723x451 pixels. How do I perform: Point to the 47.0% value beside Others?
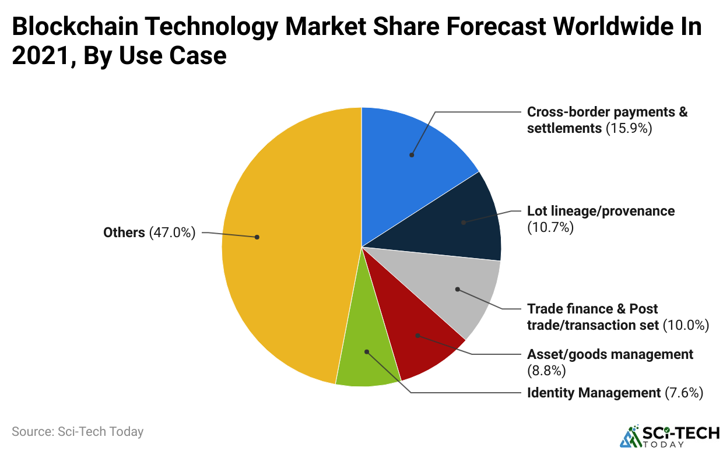172,233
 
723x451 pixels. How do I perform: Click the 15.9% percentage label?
629,128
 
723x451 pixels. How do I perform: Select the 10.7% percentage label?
550,227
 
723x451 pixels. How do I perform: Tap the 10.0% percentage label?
686,325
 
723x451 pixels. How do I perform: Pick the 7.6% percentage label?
684,393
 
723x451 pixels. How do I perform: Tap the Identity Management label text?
594,393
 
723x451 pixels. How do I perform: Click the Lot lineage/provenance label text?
601,211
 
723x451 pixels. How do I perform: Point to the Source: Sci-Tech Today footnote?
78,432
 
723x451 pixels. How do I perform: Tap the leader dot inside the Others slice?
257,237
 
